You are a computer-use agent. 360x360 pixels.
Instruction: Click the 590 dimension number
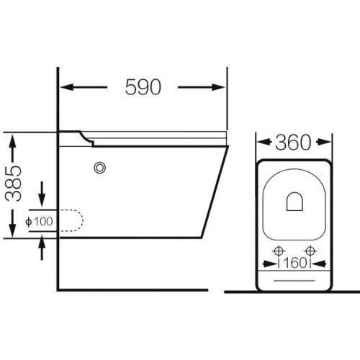click(143, 87)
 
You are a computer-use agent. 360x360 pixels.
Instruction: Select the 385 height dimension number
click(14, 184)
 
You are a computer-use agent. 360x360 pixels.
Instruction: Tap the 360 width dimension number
click(293, 143)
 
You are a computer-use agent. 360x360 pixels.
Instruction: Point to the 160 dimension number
click(295, 263)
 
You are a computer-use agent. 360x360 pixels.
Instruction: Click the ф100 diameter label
click(39, 221)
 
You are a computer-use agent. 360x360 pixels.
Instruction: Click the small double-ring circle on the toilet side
click(100, 168)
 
